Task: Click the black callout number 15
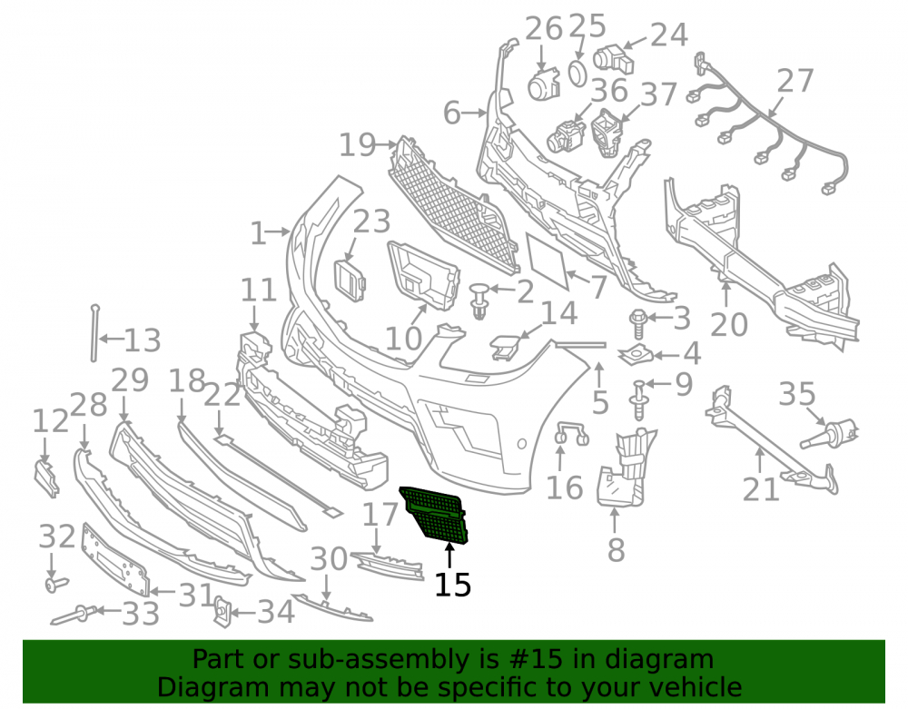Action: point(453,585)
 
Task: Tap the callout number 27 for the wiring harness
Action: point(795,81)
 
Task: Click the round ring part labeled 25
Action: point(577,74)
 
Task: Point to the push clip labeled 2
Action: point(479,300)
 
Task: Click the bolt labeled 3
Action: point(637,324)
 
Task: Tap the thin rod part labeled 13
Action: point(94,333)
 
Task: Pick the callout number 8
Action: point(616,550)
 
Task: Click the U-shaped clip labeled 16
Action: point(571,434)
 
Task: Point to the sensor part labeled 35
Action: point(829,435)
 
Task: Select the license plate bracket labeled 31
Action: point(115,560)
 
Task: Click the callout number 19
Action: point(357,144)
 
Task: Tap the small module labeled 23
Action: point(350,281)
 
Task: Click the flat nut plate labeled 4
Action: point(636,354)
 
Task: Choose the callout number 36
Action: point(609,90)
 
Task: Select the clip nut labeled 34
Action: point(222,612)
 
